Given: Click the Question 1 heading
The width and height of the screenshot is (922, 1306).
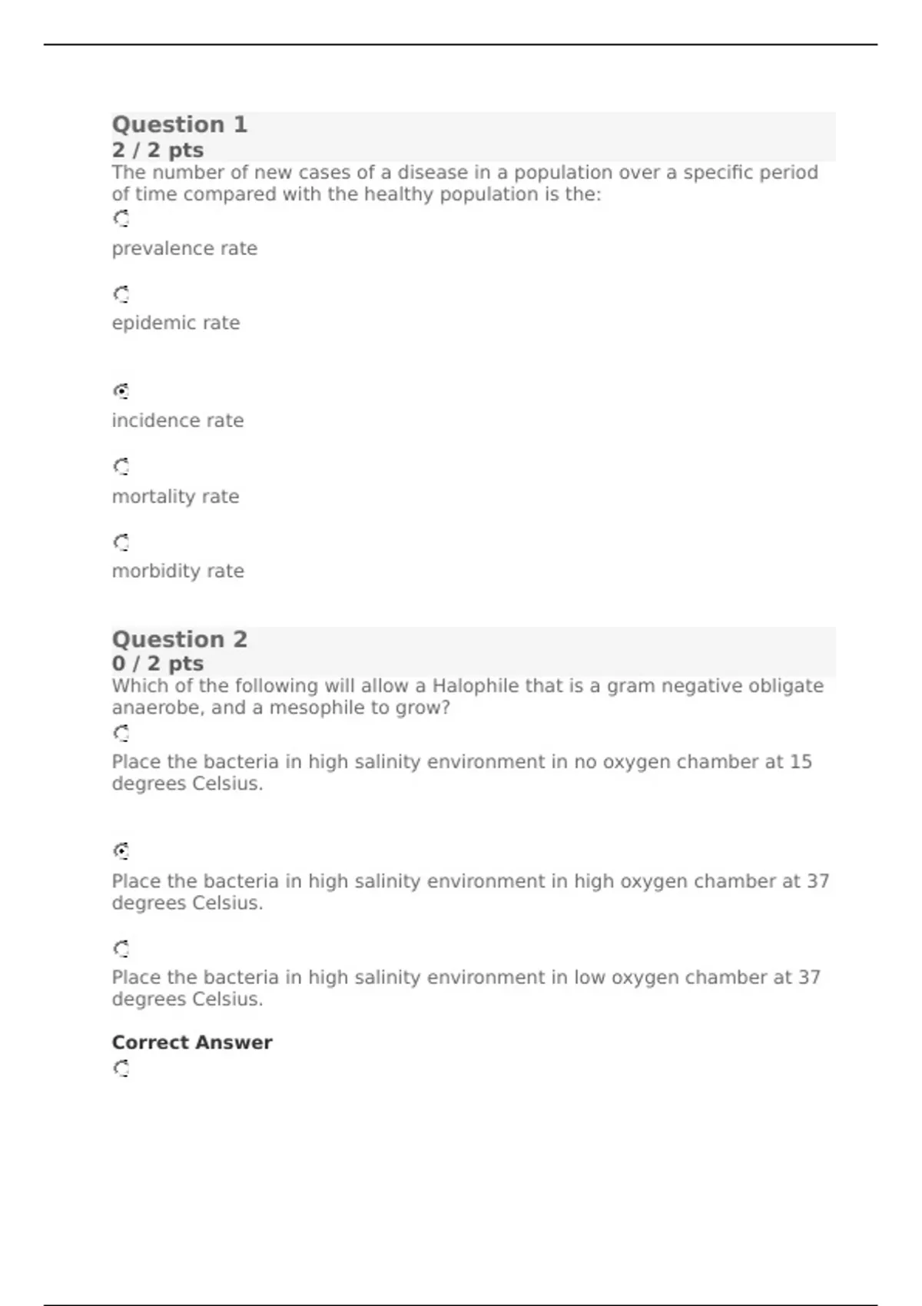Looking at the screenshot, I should pos(180,124).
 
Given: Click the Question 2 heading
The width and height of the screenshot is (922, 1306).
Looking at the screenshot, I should pos(180,639).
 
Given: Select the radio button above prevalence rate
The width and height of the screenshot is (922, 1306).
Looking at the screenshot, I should pos(121,219).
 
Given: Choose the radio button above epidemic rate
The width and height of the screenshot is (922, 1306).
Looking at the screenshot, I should pos(121,294).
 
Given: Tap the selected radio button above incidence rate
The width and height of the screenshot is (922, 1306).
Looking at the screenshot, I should pos(121,391).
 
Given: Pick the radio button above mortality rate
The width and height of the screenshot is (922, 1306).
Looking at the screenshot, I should pos(121,466).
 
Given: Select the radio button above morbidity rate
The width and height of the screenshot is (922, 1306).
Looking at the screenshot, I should pos(121,542).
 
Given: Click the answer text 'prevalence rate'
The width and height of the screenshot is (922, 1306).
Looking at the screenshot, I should pos(184,249).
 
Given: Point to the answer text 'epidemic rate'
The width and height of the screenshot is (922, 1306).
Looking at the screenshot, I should pos(176,323).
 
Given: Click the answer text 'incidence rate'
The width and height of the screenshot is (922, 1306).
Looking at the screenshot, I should pos(177,421).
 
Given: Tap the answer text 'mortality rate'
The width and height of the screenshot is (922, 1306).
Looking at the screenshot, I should pos(175,497).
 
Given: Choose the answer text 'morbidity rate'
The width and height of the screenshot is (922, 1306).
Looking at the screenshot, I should pos(177,572).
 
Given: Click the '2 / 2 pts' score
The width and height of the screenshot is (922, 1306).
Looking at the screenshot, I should pos(158,150).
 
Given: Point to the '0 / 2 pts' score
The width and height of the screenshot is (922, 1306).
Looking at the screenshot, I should pos(158,663).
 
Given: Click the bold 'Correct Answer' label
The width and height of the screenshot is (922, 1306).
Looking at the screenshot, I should pos(192,1042).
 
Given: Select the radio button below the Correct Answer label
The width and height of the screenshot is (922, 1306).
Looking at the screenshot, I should pos(121,1069).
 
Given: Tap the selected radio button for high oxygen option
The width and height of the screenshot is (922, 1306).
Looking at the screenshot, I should pos(121,850).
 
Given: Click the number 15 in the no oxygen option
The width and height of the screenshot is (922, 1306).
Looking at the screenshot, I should pos(801,762).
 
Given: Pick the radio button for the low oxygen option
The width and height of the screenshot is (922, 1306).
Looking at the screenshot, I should pos(121,949).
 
